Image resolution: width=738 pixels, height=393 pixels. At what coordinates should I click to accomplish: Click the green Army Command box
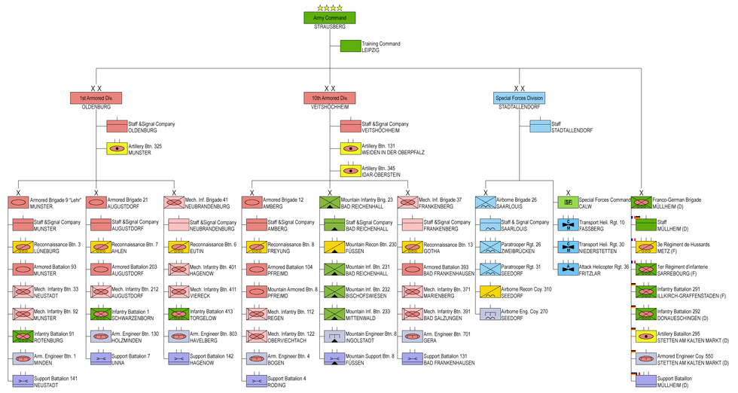click(329, 17)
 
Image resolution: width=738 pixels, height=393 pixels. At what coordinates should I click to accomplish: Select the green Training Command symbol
click(350, 46)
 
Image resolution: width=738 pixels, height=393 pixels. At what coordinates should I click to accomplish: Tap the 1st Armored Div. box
click(96, 98)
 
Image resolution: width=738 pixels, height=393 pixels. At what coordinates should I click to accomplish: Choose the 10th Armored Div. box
click(329, 98)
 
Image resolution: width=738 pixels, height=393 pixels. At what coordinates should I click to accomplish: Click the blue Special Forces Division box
click(519, 98)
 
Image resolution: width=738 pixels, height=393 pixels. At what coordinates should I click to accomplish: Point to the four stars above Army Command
click(329, 8)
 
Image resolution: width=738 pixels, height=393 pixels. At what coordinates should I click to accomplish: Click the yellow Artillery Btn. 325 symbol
click(117, 148)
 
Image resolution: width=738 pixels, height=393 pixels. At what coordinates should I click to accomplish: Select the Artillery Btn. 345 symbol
click(350, 171)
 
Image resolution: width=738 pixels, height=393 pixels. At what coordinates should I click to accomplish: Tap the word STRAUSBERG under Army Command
click(330, 26)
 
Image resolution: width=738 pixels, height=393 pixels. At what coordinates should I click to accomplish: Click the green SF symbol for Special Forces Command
click(569, 202)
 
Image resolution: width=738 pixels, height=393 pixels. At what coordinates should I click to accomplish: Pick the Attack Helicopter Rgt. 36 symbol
click(569, 268)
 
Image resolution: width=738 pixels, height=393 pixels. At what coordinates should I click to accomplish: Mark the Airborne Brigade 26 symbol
click(486, 202)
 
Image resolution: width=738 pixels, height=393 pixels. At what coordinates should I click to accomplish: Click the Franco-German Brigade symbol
click(641, 202)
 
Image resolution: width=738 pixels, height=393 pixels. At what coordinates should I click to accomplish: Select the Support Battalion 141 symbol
click(23, 381)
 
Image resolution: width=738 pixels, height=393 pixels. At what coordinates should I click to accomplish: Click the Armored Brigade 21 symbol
click(96, 202)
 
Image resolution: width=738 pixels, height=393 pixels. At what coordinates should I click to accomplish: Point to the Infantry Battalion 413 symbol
click(178, 313)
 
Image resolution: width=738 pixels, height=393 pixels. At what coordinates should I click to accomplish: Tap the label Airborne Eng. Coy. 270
click(524, 310)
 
